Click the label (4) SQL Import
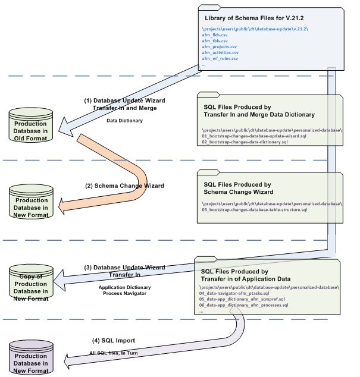115,340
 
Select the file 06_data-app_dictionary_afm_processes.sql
244,304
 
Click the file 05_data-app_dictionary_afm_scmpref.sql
242,299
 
